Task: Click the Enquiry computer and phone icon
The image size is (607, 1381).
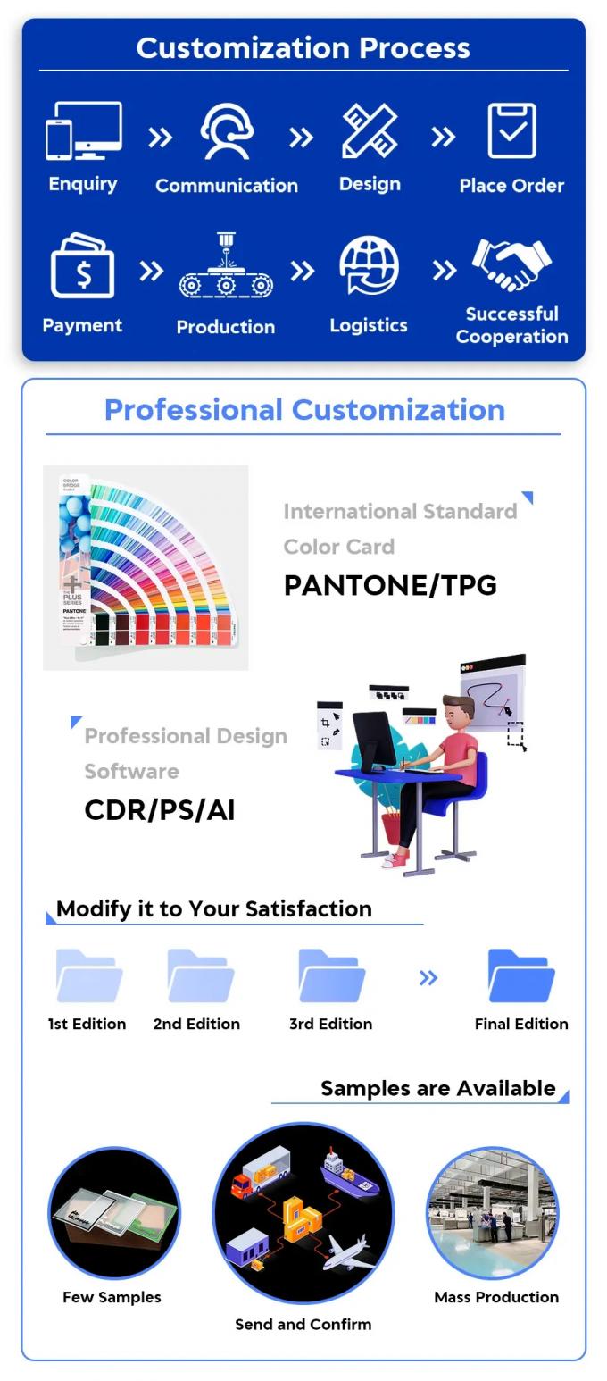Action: click(83, 130)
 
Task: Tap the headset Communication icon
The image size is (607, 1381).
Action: click(227, 131)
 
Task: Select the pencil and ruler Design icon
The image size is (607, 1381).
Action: click(370, 130)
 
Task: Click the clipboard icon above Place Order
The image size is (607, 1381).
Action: click(511, 130)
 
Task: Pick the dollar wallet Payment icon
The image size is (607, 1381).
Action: click(83, 265)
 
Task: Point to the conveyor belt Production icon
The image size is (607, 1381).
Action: click(226, 265)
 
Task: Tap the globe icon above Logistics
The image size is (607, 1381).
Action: click(370, 266)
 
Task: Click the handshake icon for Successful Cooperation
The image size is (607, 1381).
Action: click(511, 264)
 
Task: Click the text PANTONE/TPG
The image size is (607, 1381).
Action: click(390, 585)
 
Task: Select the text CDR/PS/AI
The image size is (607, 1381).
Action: click(160, 809)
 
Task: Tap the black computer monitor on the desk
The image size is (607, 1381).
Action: click(374, 741)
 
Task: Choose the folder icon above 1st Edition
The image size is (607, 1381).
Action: click(88, 975)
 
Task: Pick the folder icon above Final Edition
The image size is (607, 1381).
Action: click(521, 975)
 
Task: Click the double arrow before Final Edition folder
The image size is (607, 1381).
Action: click(428, 978)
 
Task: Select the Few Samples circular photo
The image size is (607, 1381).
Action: click(114, 1213)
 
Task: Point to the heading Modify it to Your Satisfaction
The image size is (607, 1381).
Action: click(214, 908)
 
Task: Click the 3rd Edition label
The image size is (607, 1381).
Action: click(331, 1024)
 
